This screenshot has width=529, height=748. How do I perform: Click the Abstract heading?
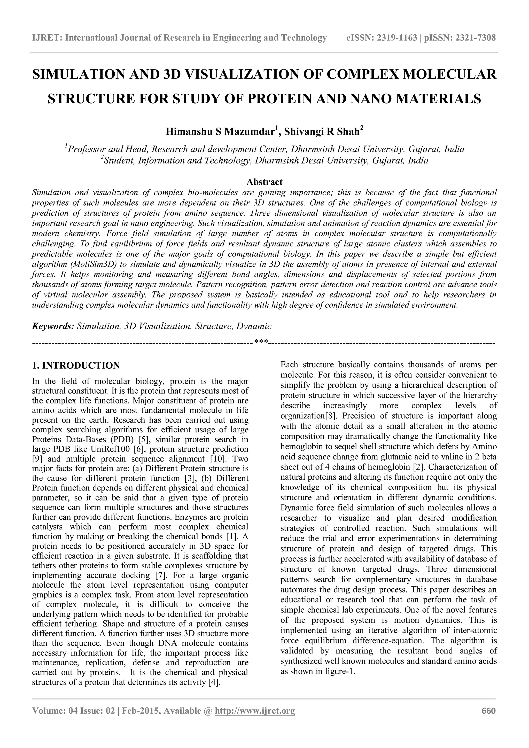pos(264,182)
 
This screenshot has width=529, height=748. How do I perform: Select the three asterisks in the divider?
pos(261,342)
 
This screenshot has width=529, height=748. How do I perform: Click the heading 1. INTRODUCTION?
pos(76,365)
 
